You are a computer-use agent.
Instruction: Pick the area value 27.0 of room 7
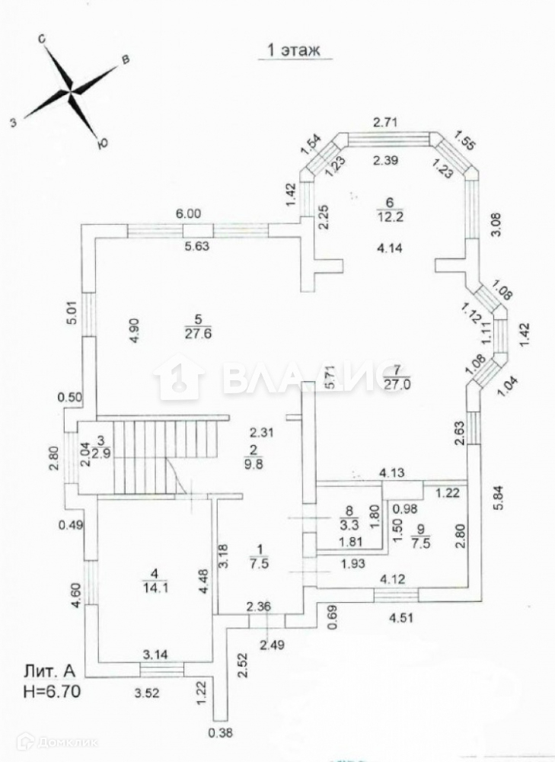pyautogui.click(x=397, y=384)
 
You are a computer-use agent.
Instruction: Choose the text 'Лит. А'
pyautogui.click(x=49, y=673)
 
